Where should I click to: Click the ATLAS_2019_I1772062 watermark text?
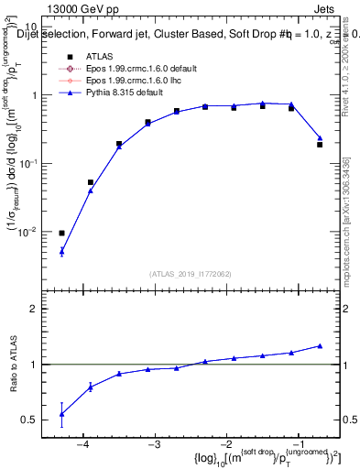(191, 274)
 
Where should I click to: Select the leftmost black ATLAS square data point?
(61, 233)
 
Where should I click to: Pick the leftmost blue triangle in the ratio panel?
(61, 414)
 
